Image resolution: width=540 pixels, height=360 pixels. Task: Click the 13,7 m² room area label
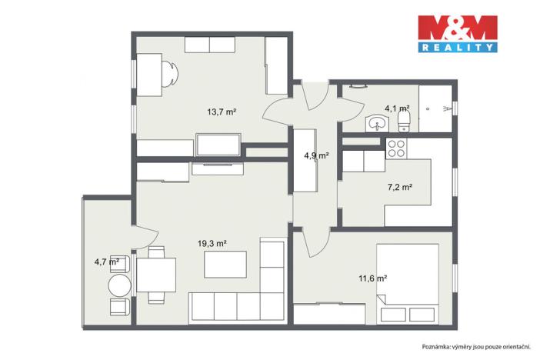coord(221,112)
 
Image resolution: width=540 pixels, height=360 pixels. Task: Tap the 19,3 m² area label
coord(212,244)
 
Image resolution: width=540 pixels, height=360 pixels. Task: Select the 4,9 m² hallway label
coord(316,155)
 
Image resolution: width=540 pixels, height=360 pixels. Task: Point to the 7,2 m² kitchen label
coord(400,187)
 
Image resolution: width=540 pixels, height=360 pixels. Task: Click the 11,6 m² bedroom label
coord(372,278)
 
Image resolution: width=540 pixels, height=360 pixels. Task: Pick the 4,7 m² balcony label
coord(105,262)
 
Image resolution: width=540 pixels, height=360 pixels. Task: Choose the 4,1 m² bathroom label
coord(397,108)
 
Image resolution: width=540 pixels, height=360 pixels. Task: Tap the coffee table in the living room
coord(225,264)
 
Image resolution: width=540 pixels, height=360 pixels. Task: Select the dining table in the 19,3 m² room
coord(156,273)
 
